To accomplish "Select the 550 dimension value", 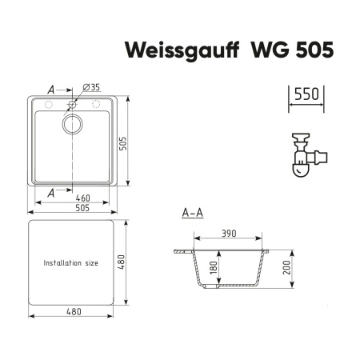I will click(305, 94).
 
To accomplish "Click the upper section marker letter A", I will click(51, 90).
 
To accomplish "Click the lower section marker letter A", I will click(51, 192).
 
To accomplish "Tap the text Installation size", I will click(70, 262).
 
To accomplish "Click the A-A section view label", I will click(193, 213).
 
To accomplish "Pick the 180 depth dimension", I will click(214, 266).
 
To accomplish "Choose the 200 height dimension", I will click(286, 267).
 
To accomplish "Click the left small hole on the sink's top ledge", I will click(47, 105).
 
